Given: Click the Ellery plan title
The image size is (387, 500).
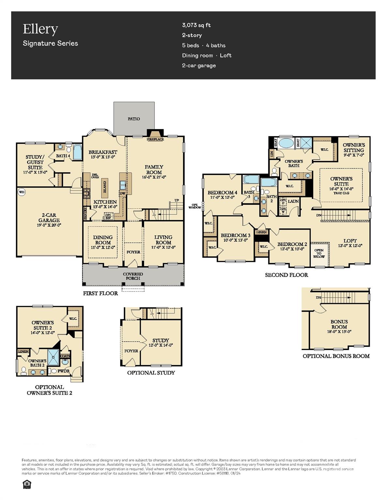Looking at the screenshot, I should pyautogui.click(x=40, y=29).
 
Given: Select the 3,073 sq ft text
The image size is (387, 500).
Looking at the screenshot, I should pyautogui.click(x=196, y=25).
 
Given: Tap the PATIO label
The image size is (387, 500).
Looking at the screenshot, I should pyautogui.click(x=134, y=119).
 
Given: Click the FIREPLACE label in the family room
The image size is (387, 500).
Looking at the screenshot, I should pyautogui.click(x=155, y=139).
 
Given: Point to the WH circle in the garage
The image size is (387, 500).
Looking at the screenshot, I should pyautogui.click(x=22, y=192).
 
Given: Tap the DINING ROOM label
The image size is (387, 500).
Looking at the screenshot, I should pyautogui.click(x=103, y=240).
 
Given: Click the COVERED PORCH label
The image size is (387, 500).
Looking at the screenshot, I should pyautogui.click(x=133, y=276).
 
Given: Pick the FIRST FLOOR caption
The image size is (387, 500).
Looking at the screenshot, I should pyautogui.click(x=100, y=293).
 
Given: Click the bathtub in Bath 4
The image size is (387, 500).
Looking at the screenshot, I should pyautogui.click(x=77, y=152).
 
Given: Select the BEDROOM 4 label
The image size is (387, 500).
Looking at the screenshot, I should pyautogui.click(x=222, y=192).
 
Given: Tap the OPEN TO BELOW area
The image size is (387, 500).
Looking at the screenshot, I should pyautogui.click(x=319, y=254).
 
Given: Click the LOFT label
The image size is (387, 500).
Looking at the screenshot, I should pyautogui.click(x=350, y=241).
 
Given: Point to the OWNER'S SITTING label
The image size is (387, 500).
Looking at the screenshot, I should pyautogui.click(x=354, y=147).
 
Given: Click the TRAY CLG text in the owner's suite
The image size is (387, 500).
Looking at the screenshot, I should pyautogui.click(x=341, y=193).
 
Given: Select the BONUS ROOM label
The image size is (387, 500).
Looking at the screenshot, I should pyautogui.click(x=339, y=324).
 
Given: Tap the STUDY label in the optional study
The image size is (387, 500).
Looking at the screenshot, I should pyautogui.click(x=160, y=340).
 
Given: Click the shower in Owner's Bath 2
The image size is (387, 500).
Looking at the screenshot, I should pyautogui.click(x=53, y=357).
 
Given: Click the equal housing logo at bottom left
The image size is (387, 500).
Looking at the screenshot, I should pyautogui.click(x=26, y=485).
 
